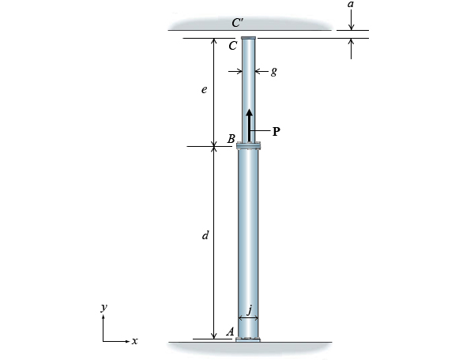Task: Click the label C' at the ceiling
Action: point(237,23)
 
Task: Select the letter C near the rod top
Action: point(232,46)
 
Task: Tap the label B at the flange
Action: point(231,139)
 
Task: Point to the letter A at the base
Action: point(230,332)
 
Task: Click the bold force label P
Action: point(276,132)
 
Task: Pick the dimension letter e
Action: point(204,90)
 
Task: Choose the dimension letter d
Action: point(205,235)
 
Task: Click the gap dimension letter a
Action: point(351,5)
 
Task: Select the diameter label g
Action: point(273,71)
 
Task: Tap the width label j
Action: point(249,309)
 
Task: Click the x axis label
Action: point(135,341)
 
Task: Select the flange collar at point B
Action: point(249,145)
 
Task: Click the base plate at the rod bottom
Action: point(249,339)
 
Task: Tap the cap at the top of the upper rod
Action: point(249,38)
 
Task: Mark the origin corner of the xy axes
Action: point(103,341)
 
